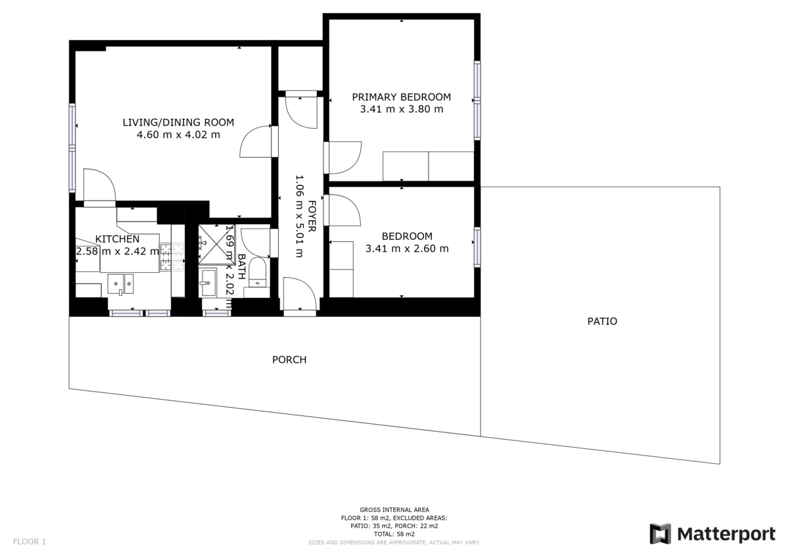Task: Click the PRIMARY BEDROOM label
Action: point(401,97)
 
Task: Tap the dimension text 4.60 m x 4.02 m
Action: point(178,135)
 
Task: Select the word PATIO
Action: point(602,321)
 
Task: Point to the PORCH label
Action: point(289,360)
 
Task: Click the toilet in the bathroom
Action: point(257,273)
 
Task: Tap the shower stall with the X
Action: point(212,243)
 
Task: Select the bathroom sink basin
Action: point(209,283)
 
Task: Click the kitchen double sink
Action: point(121,284)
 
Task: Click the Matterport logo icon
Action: point(660,534)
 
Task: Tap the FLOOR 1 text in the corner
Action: point(30,542)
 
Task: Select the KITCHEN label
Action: point(117,239)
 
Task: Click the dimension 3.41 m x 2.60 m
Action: point(407,248)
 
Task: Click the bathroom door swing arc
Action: point(255,241)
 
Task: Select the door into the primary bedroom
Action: point(344,158)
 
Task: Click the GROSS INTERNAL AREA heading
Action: point(394,509)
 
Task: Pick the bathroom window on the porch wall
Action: point(216,313)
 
